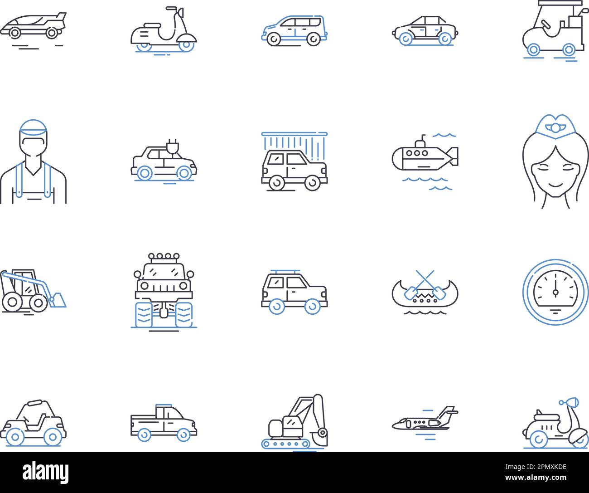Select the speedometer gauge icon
(x=555, y=293)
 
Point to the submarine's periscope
(x=424, y=138)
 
